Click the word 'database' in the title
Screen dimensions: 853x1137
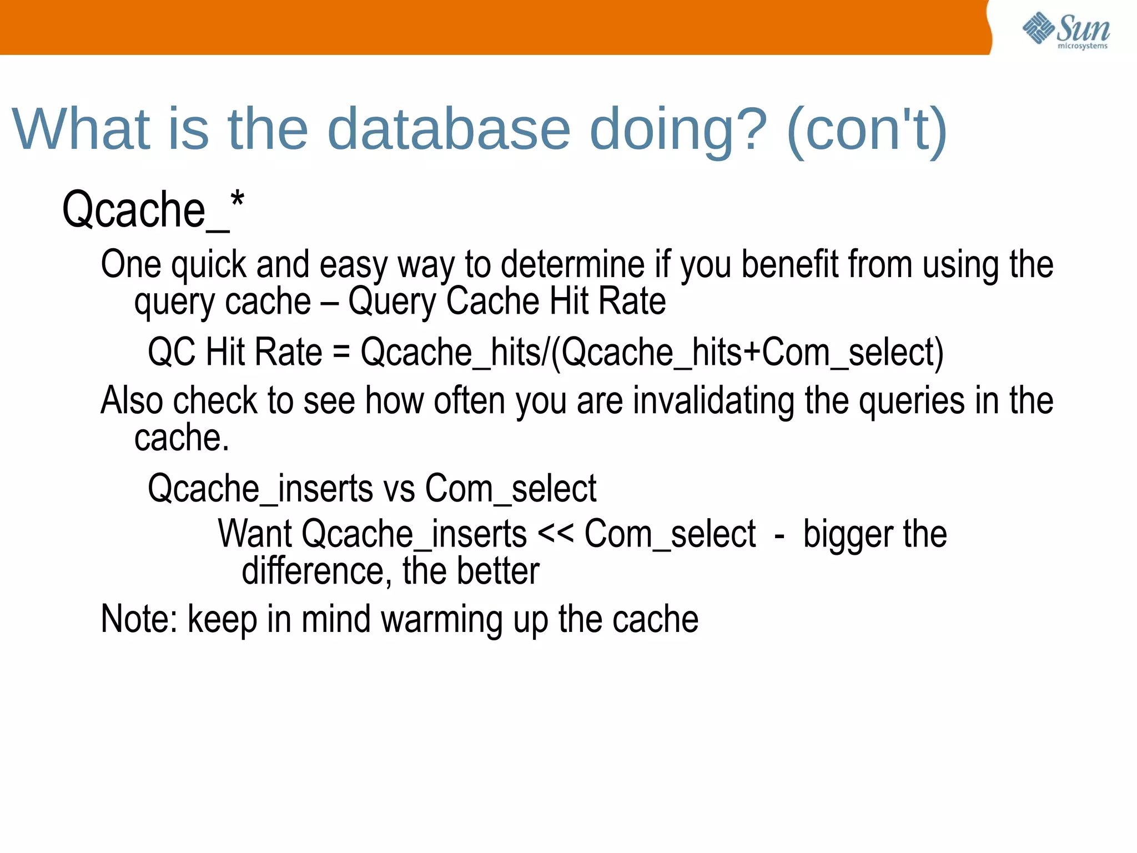tap(449, 129)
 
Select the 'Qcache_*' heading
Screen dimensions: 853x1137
tap(153, 210)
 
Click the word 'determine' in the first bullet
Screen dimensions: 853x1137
tap(572, 264)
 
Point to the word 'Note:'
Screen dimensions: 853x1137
tap(139, 619)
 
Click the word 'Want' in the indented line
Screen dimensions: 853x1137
tap(255, 534)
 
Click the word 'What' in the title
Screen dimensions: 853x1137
tap(81, 129)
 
